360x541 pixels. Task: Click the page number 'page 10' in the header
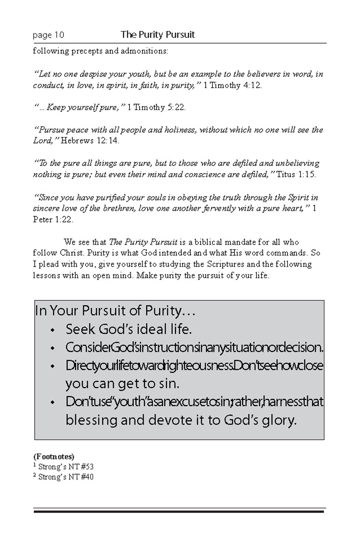(x=49, y=35)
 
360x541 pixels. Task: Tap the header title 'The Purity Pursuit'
(x=157, y=35)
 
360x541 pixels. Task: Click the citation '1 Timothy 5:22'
(x=156, y=107)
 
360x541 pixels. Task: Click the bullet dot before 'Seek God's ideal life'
(x=53, y=331)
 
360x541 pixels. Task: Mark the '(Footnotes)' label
(x=54, y=456)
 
